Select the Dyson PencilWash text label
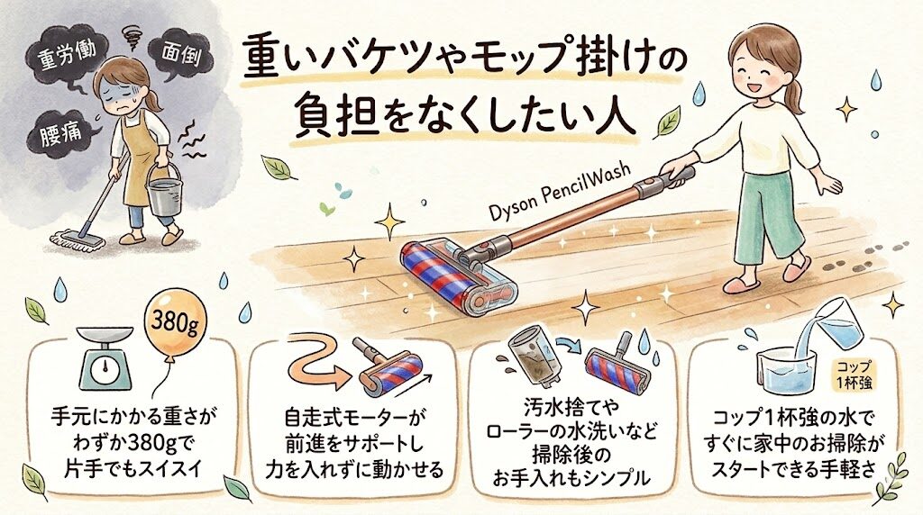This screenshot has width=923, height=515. click(561, 191)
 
